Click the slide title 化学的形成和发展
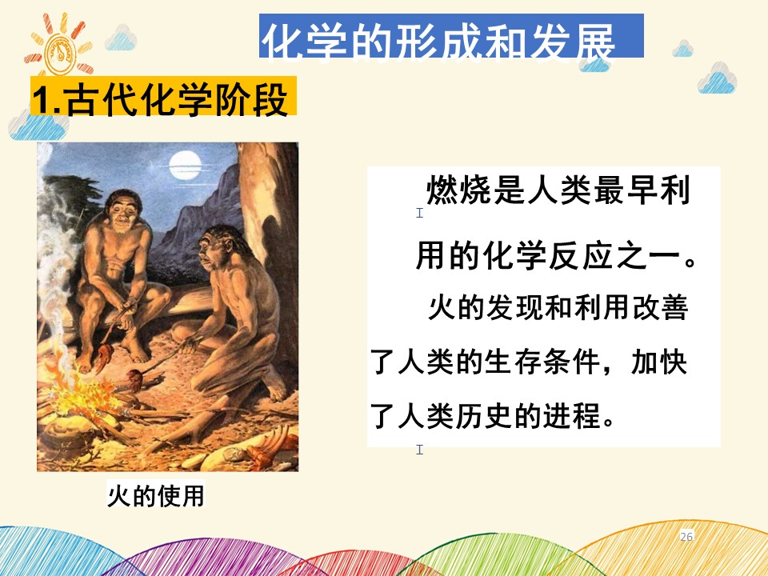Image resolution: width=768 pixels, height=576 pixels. click(438, 42)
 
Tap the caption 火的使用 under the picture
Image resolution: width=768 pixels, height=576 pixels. click(156, 495)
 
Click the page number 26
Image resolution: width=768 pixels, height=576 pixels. click(686, 536)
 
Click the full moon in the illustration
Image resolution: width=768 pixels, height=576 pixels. click(185, 165)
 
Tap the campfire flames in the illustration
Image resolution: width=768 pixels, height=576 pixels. click(81, 387)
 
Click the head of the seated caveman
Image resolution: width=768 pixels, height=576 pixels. click(122, 210)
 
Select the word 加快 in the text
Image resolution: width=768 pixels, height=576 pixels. click(658, 362)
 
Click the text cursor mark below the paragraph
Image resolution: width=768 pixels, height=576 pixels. click(419, 449)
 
